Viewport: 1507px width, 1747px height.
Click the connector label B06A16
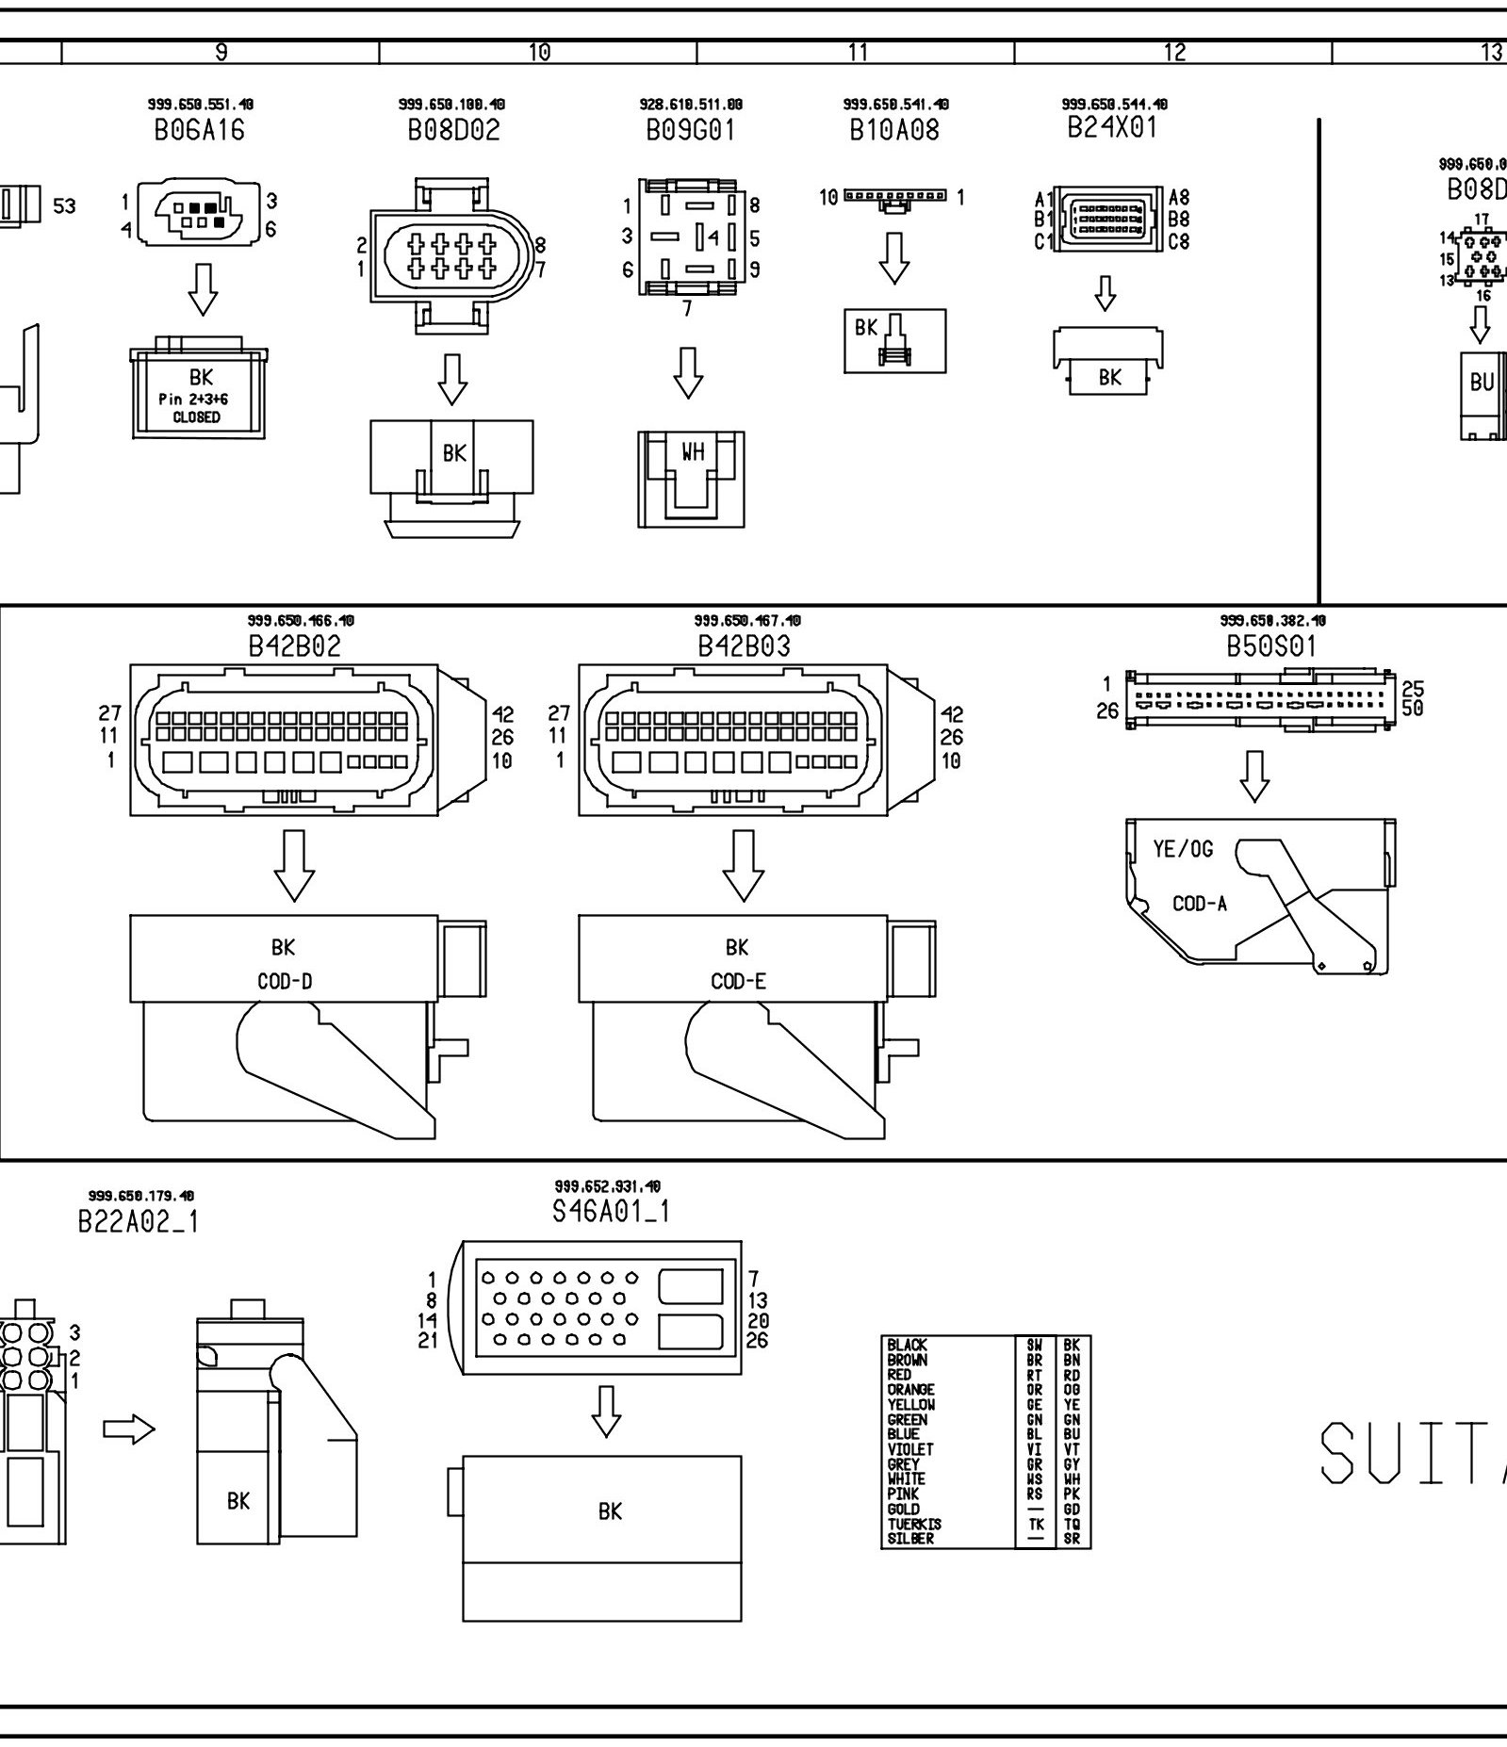[x=199, y=131]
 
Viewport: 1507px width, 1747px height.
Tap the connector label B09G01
[x=690, y=131]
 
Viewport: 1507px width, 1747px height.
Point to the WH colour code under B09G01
[x=693, y=453]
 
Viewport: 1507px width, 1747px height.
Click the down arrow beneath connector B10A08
[x=894, y=257]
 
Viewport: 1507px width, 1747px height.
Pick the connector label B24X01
[x=1112, y=127]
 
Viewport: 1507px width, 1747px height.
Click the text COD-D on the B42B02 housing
[x=285, y=982]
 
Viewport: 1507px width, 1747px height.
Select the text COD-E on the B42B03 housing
[x=738, y=982]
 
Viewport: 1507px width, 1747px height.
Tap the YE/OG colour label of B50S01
[x=1183, y=849]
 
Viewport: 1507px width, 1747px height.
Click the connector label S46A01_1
[x=611, y=1211]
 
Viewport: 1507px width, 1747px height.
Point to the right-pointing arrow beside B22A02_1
[x=128, y=1430]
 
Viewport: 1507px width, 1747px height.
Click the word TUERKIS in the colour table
[x=914, y=1524]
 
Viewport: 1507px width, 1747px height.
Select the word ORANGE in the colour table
[x=911, y=1389]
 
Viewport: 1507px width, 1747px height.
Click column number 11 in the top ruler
[x=857, y=53]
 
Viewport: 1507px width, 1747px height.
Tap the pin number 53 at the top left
[x=65, y=205]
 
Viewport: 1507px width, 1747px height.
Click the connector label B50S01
[x=1270, y=646]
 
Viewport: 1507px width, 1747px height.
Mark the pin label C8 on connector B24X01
[x=1178, y=241]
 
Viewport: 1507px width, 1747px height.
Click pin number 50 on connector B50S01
[x=1413, y=708]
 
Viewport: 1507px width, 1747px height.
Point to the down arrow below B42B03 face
[x=743, y=865]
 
